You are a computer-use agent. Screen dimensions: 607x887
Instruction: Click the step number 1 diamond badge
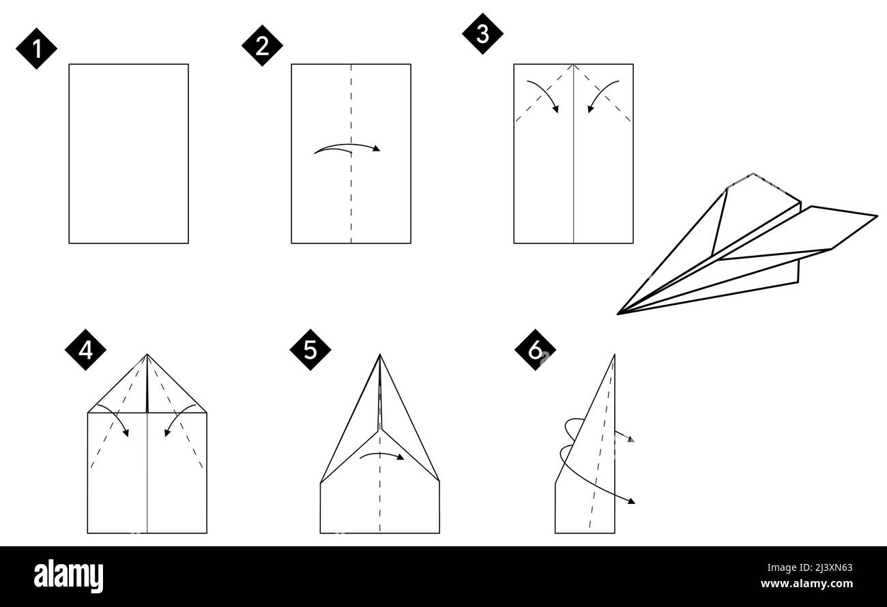click(x=36, y=48)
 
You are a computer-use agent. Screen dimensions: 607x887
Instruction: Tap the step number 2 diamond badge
click(x=262, y=46)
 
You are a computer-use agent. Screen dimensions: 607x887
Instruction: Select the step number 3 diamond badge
click(x=482, y=33)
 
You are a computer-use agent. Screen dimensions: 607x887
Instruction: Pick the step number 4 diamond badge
click(x=85, y=349)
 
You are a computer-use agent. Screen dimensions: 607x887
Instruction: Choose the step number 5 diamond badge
click(x=310, y=350)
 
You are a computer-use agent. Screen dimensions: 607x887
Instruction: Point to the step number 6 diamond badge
click(x=536, y=350)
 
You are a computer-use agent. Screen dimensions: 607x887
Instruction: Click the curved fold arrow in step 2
click(x=347, y=148)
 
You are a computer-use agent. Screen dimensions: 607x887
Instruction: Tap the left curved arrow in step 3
click(x=543, y=94)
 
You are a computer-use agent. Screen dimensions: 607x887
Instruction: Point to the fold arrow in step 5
click(x=381, y=455)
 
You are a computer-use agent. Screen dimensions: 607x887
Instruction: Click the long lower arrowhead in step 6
click(x=631, y=501)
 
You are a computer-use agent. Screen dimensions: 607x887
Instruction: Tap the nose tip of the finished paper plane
click(x=619, y=314)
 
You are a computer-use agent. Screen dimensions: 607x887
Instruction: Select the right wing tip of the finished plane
click(x=876, y=216)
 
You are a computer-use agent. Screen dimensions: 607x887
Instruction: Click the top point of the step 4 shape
click(x=147, y=355)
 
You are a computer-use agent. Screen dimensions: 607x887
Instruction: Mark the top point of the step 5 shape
click(x=380, y=355)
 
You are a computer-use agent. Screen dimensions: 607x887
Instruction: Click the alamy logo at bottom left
click(x=68, y=576)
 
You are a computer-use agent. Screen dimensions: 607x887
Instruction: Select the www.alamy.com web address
click(x=806, y=584)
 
